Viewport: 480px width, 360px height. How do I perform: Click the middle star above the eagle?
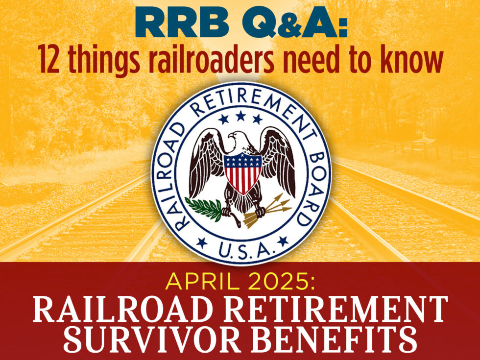click(x=240, y=116)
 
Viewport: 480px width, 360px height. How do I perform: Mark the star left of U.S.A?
click(x=201, y=241)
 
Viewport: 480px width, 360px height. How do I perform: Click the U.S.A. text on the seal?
click(x=241, y=251)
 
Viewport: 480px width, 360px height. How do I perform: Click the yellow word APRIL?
click(x=200, y=283)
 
